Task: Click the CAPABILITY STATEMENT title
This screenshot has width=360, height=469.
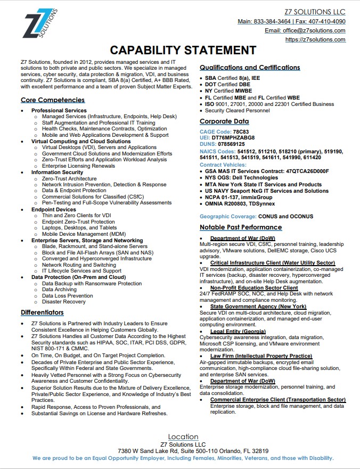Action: pyautogui.click(x=183, y=51)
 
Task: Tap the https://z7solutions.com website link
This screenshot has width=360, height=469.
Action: pyautogui.click(x=315, y=39)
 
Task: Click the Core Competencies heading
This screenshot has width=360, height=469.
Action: pyautogui.click(x=53, y=100)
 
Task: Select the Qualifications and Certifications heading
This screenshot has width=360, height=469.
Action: pyautogui.click(x=250, y=68)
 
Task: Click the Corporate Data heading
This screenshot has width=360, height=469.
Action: pyautogui.click(x=224, y=121)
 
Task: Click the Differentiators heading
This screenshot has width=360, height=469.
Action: pyautogui.click(x=42, y=312)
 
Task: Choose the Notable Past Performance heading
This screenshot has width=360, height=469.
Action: pyautogui.click(x=241, y=227)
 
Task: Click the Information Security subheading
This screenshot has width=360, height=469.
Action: pyautogui.click(x=57, y=172)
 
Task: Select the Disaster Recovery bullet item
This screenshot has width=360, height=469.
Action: pyautogui.click(x=64, y=302)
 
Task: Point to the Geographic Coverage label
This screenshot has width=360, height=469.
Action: pyautogui.click(x=227, y=217)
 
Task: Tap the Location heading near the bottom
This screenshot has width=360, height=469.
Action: pyautogui.click(x=183, y=437)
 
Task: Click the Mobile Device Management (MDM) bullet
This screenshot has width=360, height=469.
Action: pyautogui.click(x=84, y=234)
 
